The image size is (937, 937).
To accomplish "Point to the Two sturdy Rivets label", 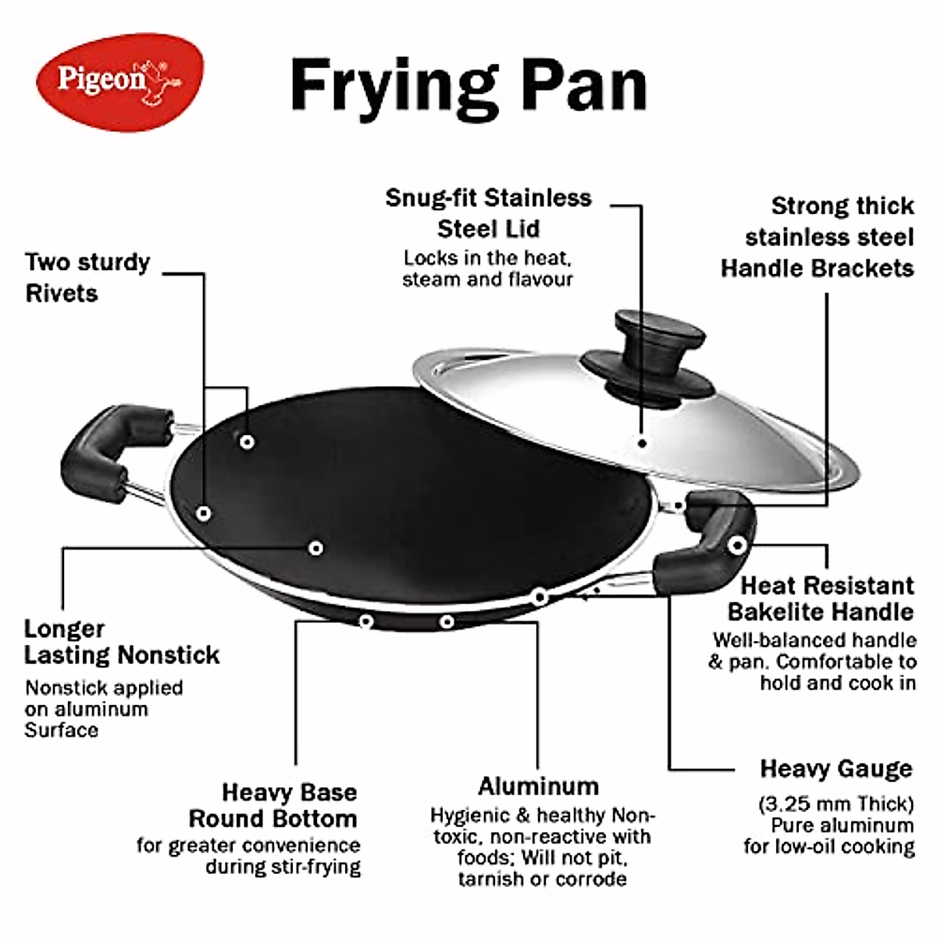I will pyautogui.click(x=87, y=277).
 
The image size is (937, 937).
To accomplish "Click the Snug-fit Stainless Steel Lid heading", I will pyautogui.click(x=488, y=212).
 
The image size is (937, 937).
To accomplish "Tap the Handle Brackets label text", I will pyautogui.click(x=817, y=269).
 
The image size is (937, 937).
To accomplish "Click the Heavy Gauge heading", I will pyautogui.click(x=835, y=768).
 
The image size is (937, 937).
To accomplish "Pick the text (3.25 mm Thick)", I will pyautogui.click(x=835, y=803).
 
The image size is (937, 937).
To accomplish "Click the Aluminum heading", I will pyautogui.click(x=538, y=786).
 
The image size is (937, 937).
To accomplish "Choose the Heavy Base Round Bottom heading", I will pyautogui.click(x=273, y=805).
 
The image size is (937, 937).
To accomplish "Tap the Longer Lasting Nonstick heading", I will pyautogui.click(x=121, y=642).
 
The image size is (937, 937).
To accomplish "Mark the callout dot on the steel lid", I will pyautogui.click(x=642, y=443).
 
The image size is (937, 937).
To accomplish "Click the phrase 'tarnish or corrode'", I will pyautogui.click(x=542, y=879).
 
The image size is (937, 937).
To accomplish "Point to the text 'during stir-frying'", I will pyautogui.click(x=283, y=867).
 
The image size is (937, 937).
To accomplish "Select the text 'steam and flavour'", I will pyautogui.click(x=487, y=280).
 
